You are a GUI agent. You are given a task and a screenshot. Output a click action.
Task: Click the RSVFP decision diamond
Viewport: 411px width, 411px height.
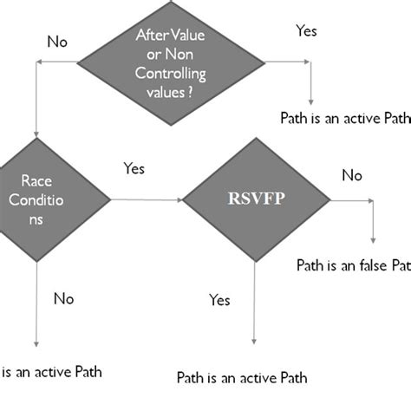pos(256,201)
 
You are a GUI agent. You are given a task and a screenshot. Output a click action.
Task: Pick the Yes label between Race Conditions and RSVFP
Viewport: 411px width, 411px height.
pos(134,168)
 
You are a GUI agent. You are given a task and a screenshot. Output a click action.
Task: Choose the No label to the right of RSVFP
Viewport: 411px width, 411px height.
pos(351,175)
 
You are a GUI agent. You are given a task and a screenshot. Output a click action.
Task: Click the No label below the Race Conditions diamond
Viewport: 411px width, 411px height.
pos(63,298)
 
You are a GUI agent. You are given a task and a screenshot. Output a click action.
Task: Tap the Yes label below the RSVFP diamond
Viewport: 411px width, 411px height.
pos(219,300)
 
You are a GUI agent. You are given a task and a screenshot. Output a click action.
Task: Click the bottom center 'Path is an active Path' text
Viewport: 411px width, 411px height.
pos(241,378)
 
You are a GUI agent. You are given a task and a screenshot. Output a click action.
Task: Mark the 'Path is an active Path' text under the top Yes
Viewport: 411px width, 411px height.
pos(345,119)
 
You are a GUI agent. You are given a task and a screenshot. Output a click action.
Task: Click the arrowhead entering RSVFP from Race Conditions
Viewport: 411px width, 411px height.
pos(178,200)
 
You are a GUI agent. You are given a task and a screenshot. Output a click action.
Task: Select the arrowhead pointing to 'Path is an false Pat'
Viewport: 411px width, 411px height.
pos(373,240)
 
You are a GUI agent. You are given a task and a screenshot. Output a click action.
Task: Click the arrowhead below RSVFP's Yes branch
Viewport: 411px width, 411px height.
pos(254,343)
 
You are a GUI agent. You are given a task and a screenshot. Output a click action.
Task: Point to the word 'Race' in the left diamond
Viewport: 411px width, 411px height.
pos(36,183)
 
